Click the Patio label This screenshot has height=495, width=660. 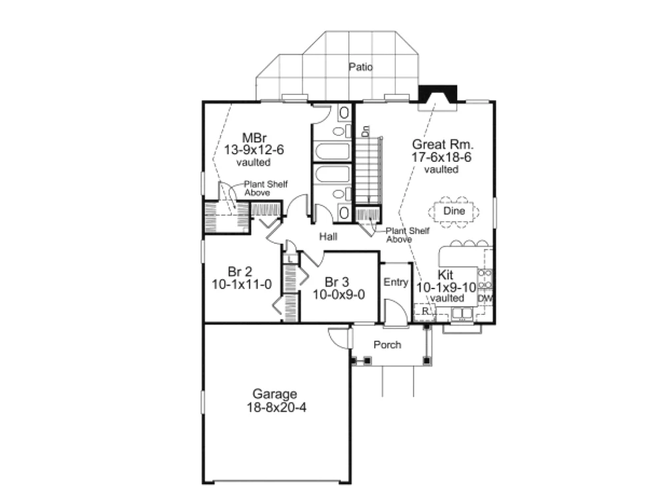tap(361, 67)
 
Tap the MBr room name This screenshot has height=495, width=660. tap(254, 138)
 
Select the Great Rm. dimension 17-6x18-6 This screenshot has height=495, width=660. tap(442, 157)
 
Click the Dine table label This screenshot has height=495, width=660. tap(454, 211)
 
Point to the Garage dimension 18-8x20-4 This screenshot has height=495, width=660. tap(277, 407)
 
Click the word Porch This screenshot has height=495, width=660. tap(387, 345)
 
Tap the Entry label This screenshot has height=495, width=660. tap(395, 282)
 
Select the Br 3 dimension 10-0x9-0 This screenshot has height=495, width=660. tap(339, 294)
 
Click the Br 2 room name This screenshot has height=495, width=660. tap(240, 272)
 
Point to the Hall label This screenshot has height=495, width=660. tap(328, 236)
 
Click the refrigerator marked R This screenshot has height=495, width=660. tap(424, 311)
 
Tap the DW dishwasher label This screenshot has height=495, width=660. tap(485, 298)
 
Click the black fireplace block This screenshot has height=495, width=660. tap(438, 94)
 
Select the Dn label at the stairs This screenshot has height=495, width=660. tap(366, 131)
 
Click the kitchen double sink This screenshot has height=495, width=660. tap(462, 313)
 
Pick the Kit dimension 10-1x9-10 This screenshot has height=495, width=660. tap(446, 288)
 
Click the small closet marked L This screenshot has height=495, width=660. tap(290, 259)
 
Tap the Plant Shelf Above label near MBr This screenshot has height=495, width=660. tap(265, 188)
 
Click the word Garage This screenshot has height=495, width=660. tap(275, 394)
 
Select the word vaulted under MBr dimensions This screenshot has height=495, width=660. tap(253, 162)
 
